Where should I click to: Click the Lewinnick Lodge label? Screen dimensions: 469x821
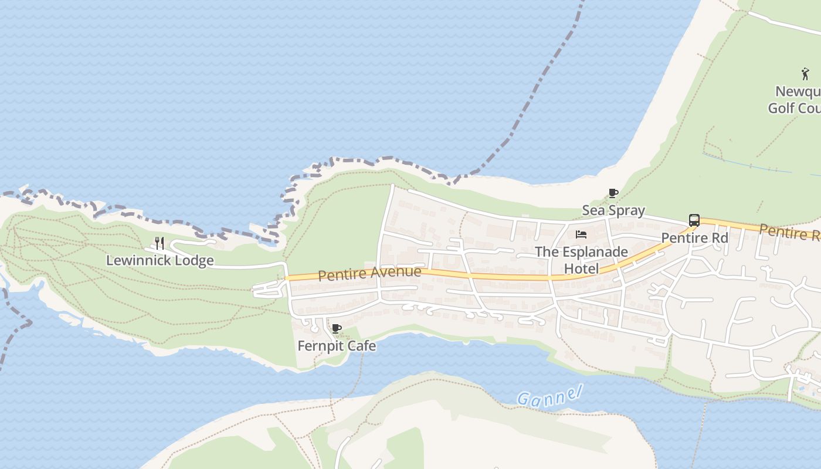[160, 260]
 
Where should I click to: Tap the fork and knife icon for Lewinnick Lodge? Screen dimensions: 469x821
[159, 243]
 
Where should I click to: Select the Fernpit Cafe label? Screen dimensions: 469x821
[337, 346]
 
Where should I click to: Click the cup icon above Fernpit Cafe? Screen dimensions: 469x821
[336, 328]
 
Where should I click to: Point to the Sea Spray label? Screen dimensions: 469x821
[613, 210]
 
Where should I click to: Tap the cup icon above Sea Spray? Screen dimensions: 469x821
[613, 193]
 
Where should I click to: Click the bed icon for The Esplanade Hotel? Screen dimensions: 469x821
[581, 235]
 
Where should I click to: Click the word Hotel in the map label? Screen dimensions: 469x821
[581, 269]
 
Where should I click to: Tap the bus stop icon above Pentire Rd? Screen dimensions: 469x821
[694, 220]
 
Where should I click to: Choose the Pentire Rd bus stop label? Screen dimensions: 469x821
[694, 238]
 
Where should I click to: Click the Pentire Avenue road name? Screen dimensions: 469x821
[369, 273]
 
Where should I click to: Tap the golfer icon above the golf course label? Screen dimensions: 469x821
[805, 74]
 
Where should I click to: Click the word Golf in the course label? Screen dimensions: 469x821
[782, 108]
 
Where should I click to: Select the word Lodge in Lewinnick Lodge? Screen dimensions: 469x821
[195, 260]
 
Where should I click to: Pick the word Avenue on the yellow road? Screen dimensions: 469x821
[395, 272]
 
